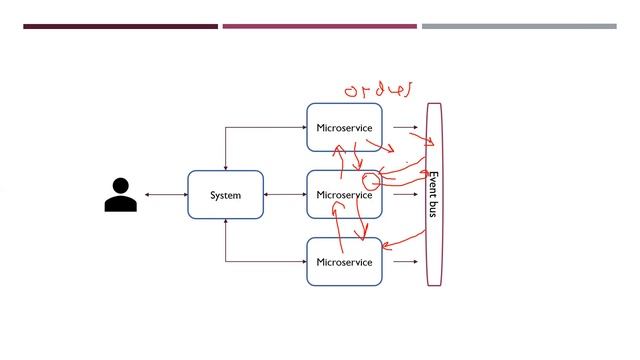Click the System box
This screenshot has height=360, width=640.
point(225,195)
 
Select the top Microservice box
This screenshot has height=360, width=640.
point(344,127)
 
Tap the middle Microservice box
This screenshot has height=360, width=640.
point(344,195)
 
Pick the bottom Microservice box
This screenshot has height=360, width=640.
point(344,262)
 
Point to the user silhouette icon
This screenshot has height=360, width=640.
point(120,195)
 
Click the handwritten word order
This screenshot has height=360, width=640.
point(378,90)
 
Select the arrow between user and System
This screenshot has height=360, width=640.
point(166,195)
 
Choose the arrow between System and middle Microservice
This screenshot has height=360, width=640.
point(285,195)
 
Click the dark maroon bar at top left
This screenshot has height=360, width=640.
point(120,26)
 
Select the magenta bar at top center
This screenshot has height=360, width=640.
point(319,26)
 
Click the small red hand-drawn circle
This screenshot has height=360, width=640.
point(371,182)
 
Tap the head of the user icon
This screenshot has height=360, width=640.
point(120,186)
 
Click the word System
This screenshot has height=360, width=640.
point(225,195)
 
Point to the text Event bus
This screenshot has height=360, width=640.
point(433,195)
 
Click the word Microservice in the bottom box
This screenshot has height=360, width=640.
point(344,262)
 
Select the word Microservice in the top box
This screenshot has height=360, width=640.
point(344,128)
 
